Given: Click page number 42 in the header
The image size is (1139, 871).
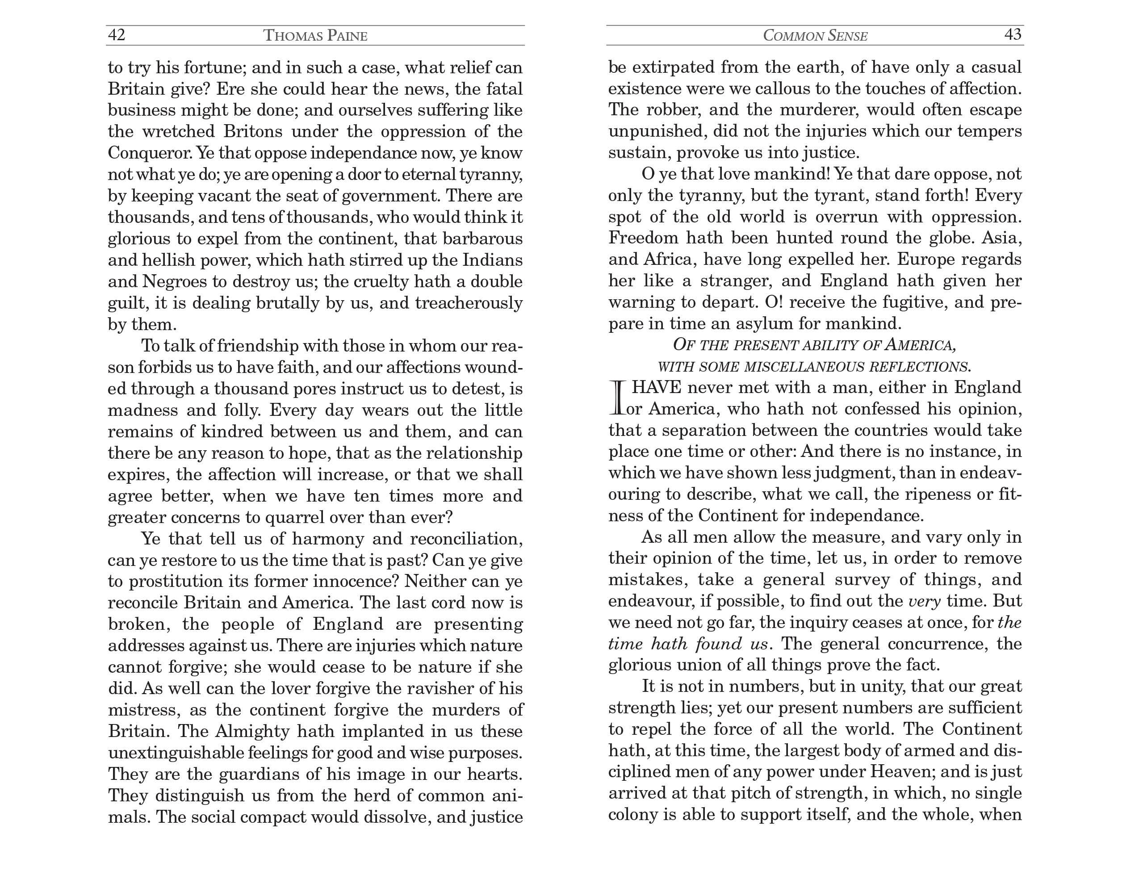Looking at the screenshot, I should click(116, 35).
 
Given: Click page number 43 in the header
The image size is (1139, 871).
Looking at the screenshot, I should click(1013, 34).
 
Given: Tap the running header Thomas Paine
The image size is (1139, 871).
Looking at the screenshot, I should click(315, 35).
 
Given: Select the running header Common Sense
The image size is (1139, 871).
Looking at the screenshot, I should click(815, 35).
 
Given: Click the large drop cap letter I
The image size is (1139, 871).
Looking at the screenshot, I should click(617, 398).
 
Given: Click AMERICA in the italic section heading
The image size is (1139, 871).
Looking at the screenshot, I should click(920, 345).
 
